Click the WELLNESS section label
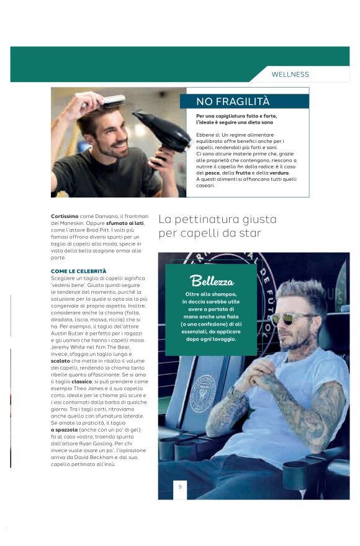(290, 75)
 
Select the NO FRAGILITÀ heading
(233, 101)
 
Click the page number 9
(180, 487)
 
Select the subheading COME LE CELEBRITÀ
(78, 271)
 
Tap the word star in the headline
(248, 234)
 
